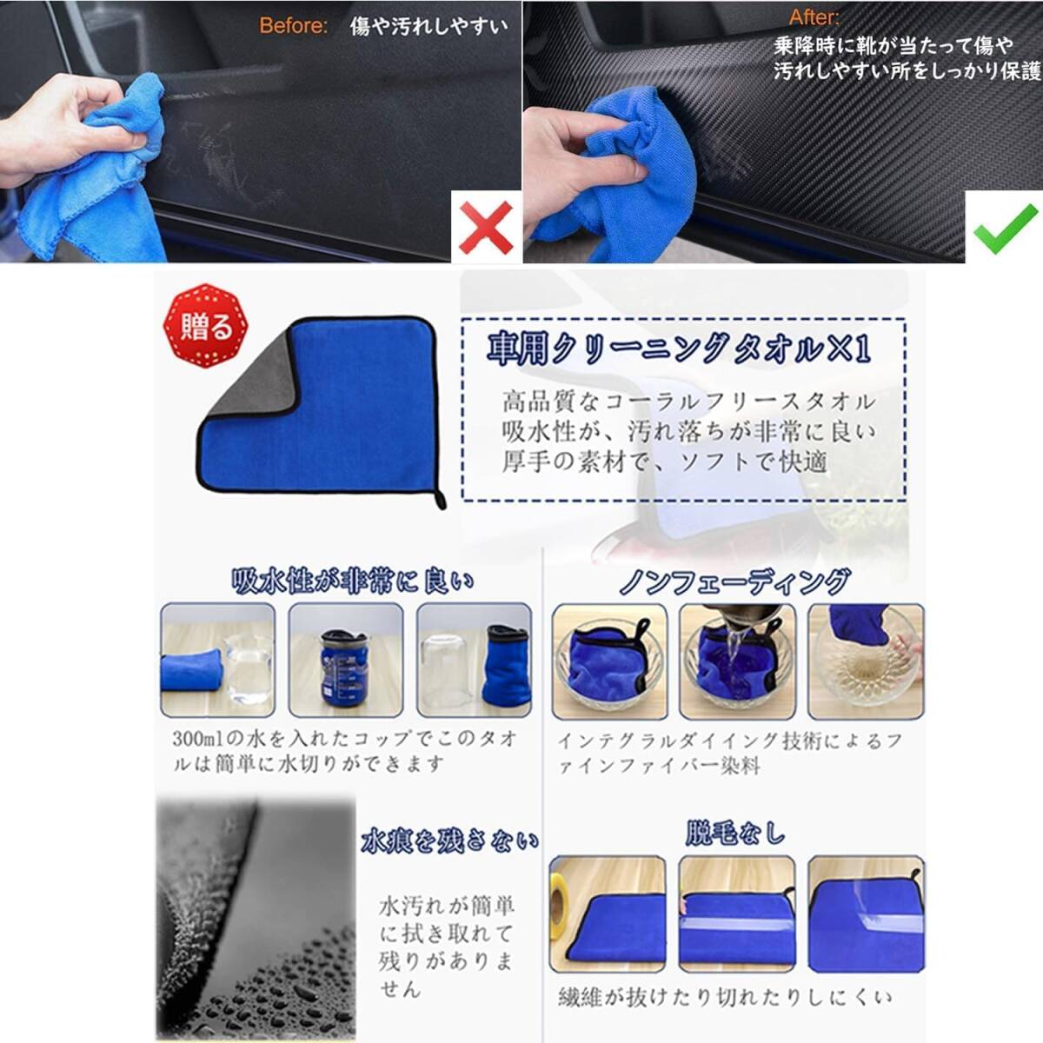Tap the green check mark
(1004, 229)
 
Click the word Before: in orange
(293, 26)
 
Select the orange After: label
(814, 18)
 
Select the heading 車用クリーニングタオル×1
(678, 349)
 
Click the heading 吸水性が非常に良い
(352, 581)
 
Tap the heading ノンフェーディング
(734, 581)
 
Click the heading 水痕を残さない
(449, 840)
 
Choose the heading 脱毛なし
(735, 834)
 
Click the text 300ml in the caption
(196, 740)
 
